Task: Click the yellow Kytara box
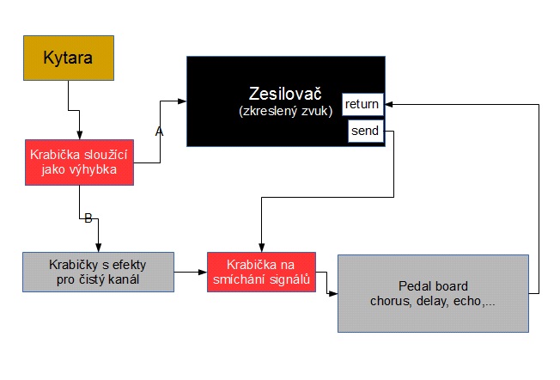click(x=68, y=58)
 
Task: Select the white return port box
click(x=362, y=105)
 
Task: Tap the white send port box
click(x=365, y=132)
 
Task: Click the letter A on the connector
click(x=158, y=132)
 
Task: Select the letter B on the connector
click(x=88, y=218)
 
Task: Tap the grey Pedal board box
click(x=432, y=293)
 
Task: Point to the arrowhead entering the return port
click(x=388, y=105)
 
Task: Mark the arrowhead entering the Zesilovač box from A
click(x=182, y=101)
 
